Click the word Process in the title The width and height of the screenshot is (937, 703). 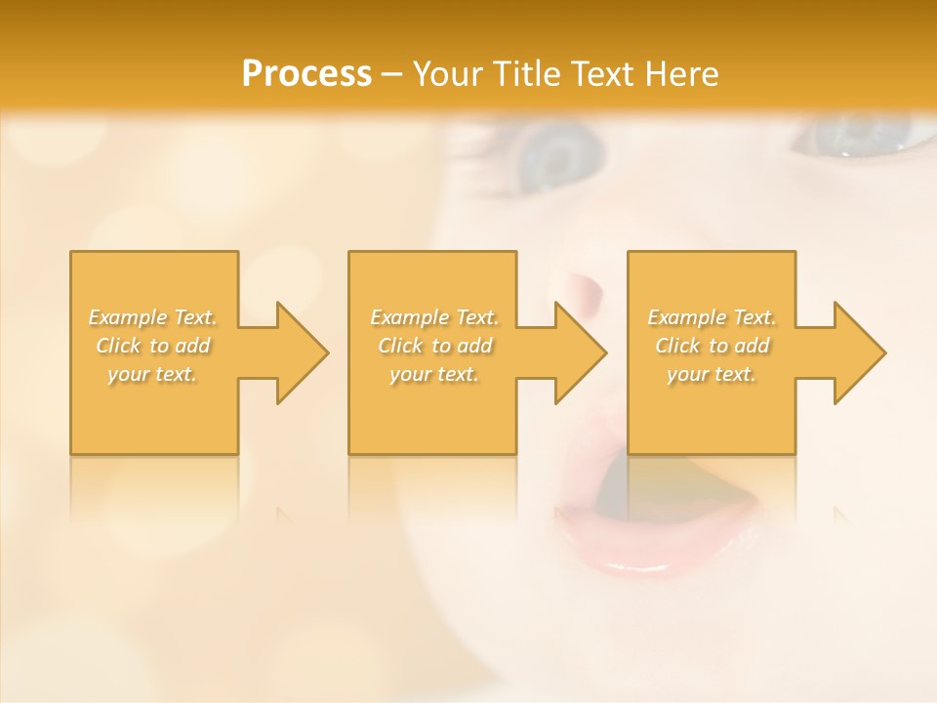coord(306,74)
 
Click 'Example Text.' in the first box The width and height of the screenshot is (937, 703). coord(153,317)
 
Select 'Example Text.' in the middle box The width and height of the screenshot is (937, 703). coord(434,317)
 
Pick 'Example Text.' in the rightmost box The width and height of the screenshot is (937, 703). coord(712,317)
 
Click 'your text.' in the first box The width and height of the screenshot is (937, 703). coord(152,374)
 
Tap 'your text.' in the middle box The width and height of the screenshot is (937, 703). coord(434,374)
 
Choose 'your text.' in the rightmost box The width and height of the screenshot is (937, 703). coord(712,374)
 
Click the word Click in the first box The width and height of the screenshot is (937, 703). coord(118,346)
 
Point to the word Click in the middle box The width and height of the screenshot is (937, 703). coord(400,346)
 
